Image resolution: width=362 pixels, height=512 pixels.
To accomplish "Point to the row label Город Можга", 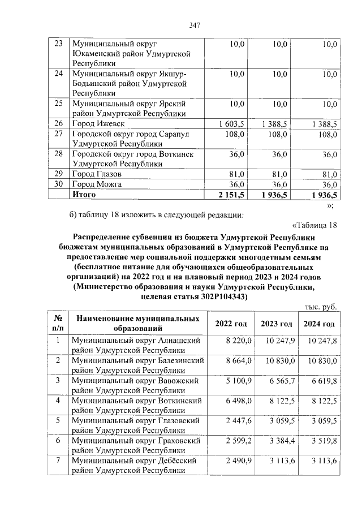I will click(x=97, y=184).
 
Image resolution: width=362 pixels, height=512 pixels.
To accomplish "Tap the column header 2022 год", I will click(x=231, y=324).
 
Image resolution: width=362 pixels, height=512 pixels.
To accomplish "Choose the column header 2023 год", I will click(x=276, y=324).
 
